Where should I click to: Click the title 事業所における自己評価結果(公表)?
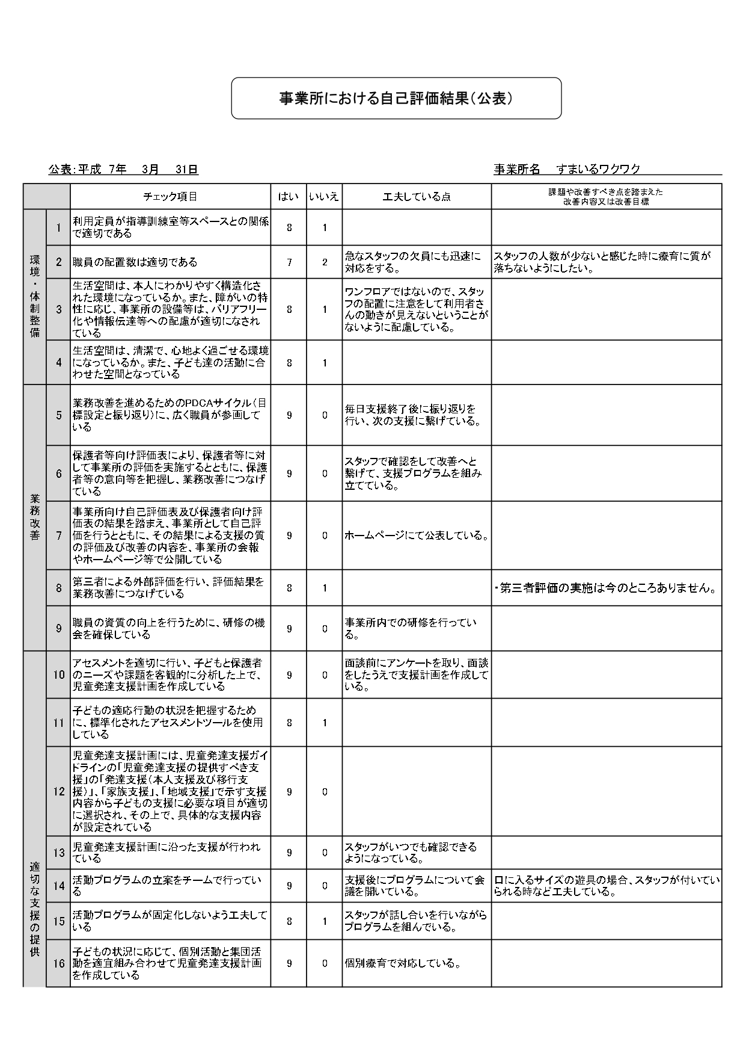[396, 98]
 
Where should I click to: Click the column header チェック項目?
[170, 197]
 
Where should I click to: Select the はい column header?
[289, 197]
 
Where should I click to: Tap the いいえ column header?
[324, 197]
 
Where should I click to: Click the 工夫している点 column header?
[417, 197]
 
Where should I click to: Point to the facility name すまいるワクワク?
[598, 170]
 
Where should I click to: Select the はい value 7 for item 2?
[289, 262]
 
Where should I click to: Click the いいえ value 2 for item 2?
[325, 262]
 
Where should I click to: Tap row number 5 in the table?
[59, 415]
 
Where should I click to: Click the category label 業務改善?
[35, 517]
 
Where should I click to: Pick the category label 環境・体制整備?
[35, 296]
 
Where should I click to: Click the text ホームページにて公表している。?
[416, 536]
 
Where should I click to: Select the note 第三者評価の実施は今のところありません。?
[606, 588]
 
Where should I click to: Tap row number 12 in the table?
[58, 791]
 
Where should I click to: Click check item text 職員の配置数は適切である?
[135, 262]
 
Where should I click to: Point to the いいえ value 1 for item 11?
[325, 723]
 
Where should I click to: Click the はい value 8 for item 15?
[289, 921]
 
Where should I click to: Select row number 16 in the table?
[58, 963]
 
